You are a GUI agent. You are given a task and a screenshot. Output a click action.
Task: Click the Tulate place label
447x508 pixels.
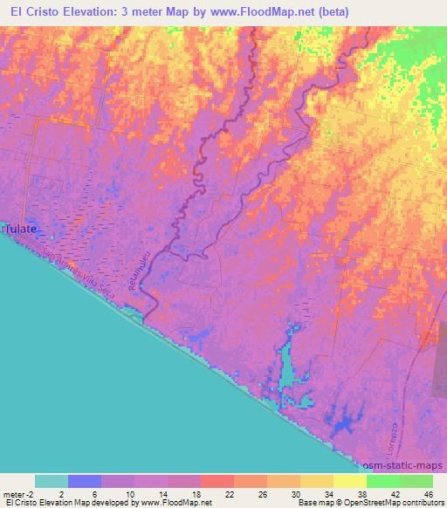21,229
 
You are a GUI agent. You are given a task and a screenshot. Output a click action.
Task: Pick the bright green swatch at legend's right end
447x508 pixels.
416,481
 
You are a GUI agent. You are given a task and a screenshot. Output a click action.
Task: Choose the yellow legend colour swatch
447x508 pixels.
350,481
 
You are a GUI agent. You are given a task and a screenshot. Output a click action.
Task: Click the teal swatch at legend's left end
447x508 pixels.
52,481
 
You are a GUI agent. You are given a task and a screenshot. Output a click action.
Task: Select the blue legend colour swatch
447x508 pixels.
85,481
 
